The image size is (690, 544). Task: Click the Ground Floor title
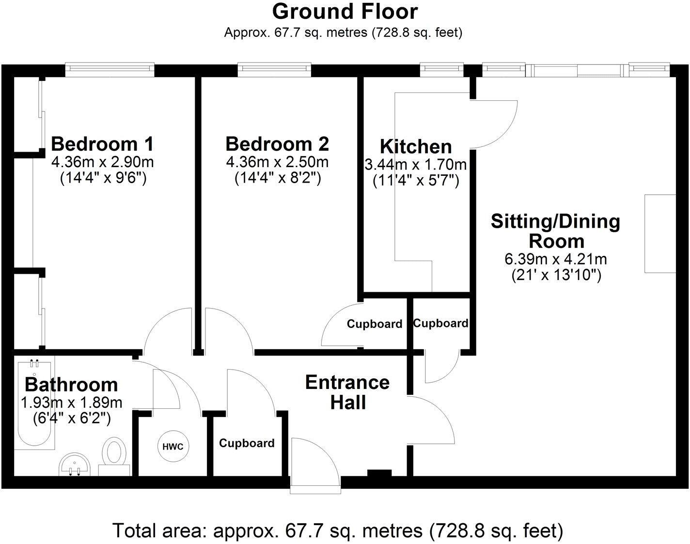pos(345,12)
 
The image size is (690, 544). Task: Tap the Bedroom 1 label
pos(102,144)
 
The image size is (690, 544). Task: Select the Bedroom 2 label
pos(277,144)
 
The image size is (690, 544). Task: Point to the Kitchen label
pos(416,146)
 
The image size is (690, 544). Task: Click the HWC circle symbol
pos(173,447)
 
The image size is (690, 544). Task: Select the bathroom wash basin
pos(75,464)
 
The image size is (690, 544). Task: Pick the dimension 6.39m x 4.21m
pos(556,259)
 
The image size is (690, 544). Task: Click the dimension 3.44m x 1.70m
pos(416,165)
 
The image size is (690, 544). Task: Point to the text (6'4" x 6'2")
pos(72,418)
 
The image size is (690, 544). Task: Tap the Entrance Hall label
pos(347,392)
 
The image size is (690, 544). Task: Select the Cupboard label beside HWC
pos(247,443)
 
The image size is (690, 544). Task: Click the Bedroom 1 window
pos(110,70)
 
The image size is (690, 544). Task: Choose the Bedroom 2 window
pos(274,70)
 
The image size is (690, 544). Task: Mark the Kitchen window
pos(441,70)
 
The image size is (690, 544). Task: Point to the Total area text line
pos(338,530)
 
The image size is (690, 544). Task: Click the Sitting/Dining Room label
pos(556,231)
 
